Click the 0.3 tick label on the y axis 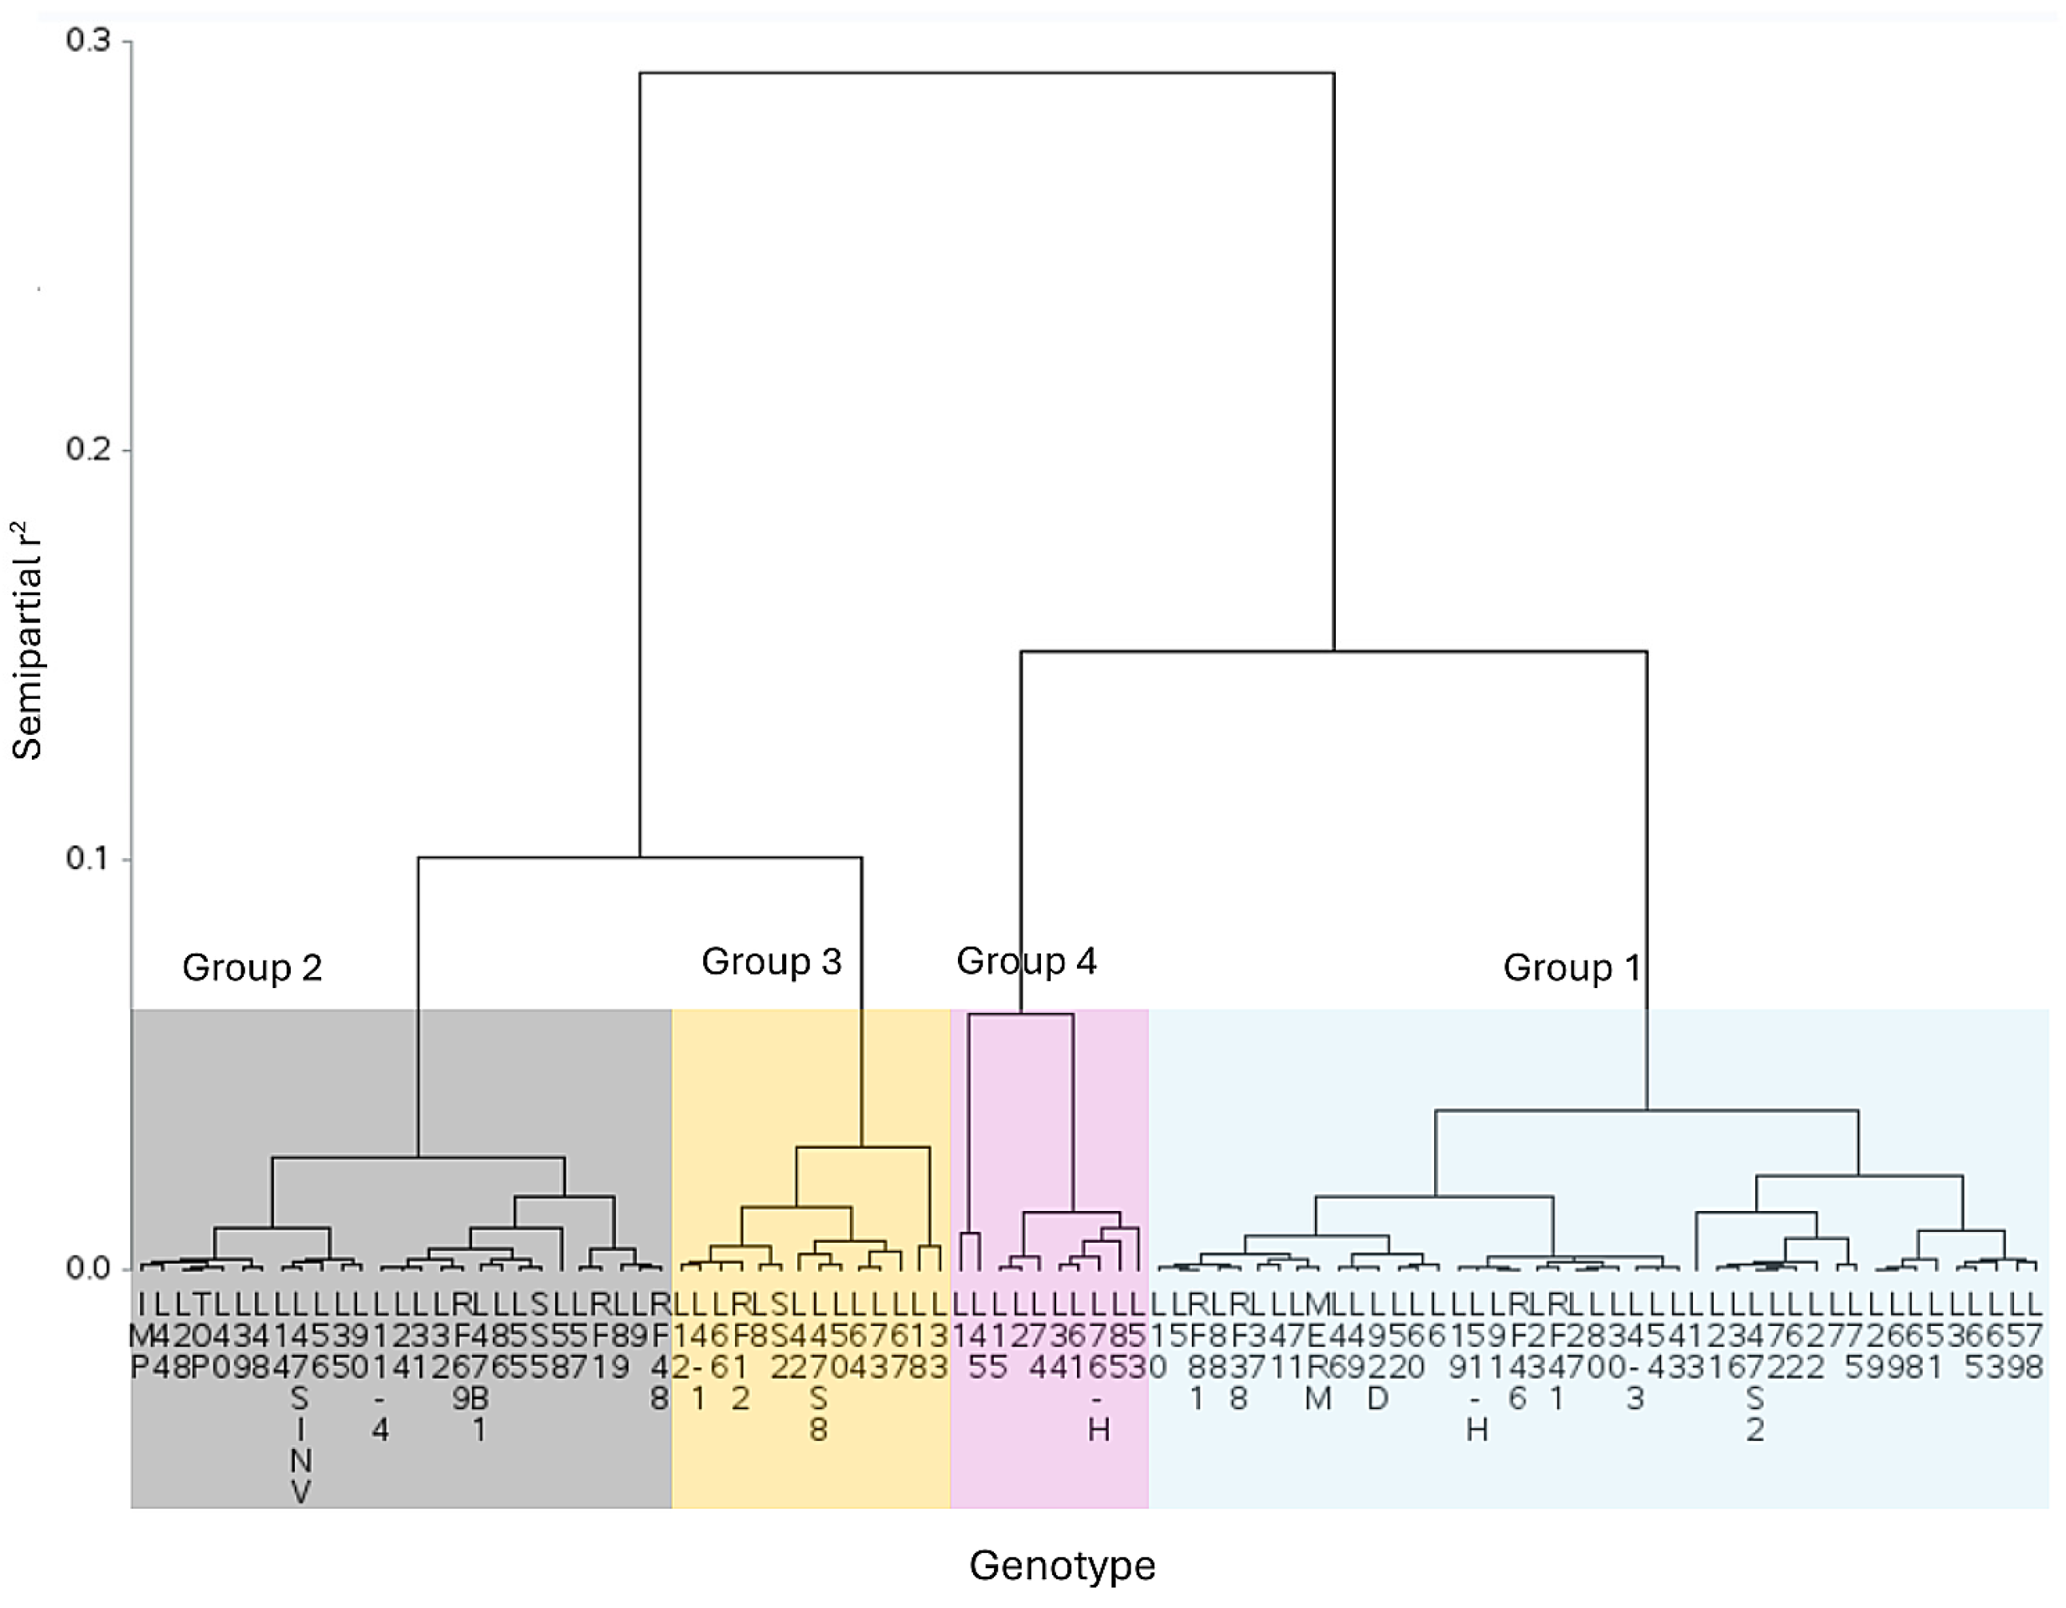click(x=87, y=42)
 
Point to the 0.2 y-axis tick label click(x=87, y=449)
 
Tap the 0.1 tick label click(x=87, y=859)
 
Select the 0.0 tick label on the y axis click(x=87, y=1269)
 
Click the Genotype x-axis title click(x=1062, y=1566)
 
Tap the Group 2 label click(x=252, y=967)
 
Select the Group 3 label click(x=771, y=962)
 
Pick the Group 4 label click(x=1027, y=961)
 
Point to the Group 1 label click(x=1571, y=967)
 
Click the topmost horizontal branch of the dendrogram click(x=987, y=73)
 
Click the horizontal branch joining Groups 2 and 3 click(x=639, y=858)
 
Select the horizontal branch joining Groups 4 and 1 click(x=1334, y=652)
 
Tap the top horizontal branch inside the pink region click(x=1021, y=1015)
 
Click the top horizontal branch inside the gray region click(x=418, y=1157)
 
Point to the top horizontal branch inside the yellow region click(x=863, y=1147)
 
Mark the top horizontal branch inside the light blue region click(x=1646, y=1110)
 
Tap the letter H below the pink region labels click(x=1098, y=1430)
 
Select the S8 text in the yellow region click(x=818, y=1414)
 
